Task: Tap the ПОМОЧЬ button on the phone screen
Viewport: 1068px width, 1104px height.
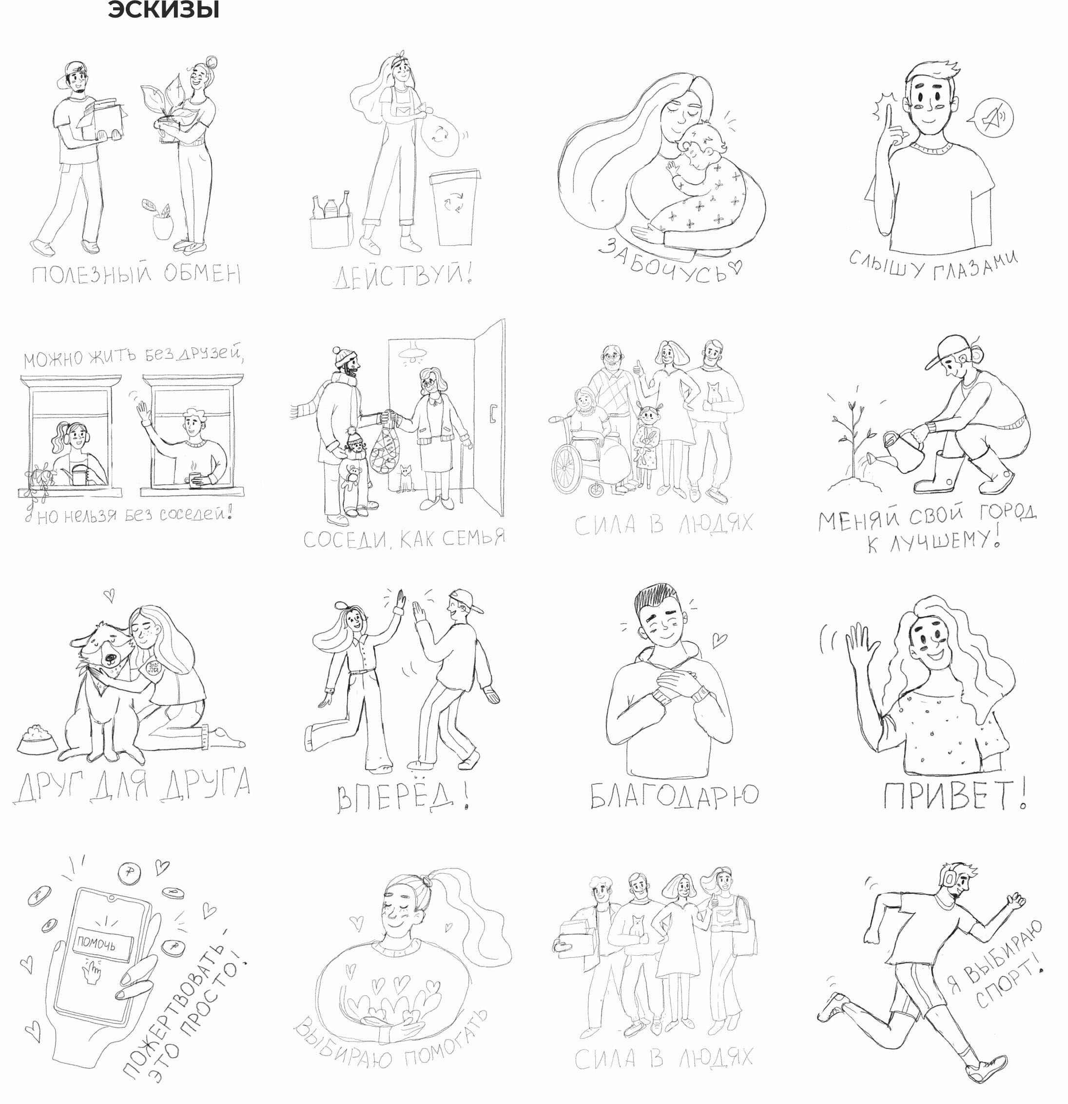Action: click(103, 944)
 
